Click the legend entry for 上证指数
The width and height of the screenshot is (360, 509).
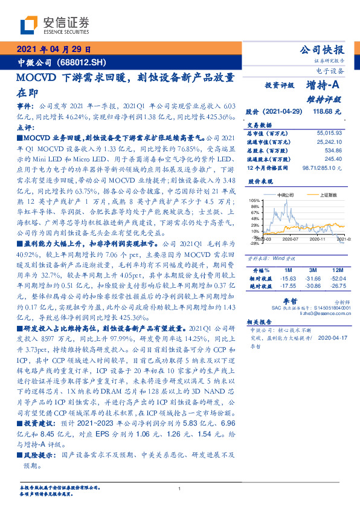pos(318,195)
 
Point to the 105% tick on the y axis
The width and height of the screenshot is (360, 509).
pos(254,200)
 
